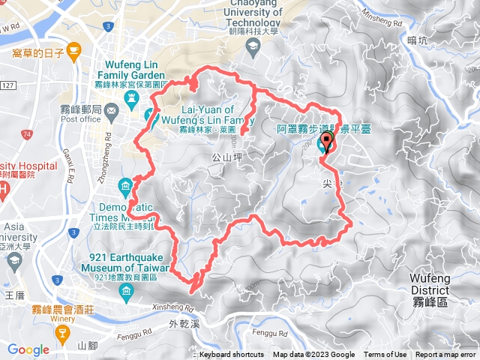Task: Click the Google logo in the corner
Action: click(28, 349)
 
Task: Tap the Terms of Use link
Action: click(385, 355)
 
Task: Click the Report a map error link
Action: click(446, 355)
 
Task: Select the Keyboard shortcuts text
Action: click(232, 355)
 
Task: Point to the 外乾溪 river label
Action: click(184, 325)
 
